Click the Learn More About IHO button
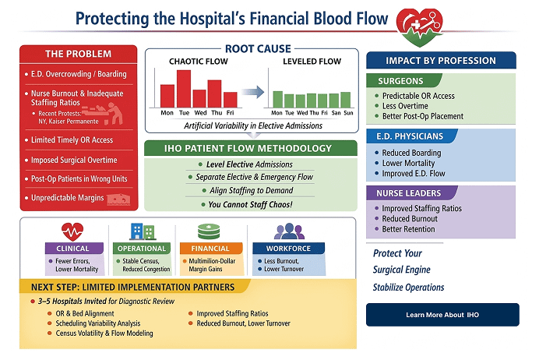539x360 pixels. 442,315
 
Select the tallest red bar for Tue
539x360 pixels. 184,88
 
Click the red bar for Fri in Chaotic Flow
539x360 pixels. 230,99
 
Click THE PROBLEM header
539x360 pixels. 78,54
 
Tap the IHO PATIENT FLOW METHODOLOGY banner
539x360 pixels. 249,148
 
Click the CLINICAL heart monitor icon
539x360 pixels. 72,231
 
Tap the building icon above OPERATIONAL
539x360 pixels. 143,231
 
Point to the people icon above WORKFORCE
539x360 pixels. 289,231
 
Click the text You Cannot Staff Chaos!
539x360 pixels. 249,204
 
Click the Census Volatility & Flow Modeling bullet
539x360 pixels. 104,333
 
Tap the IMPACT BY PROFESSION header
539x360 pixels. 441,60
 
